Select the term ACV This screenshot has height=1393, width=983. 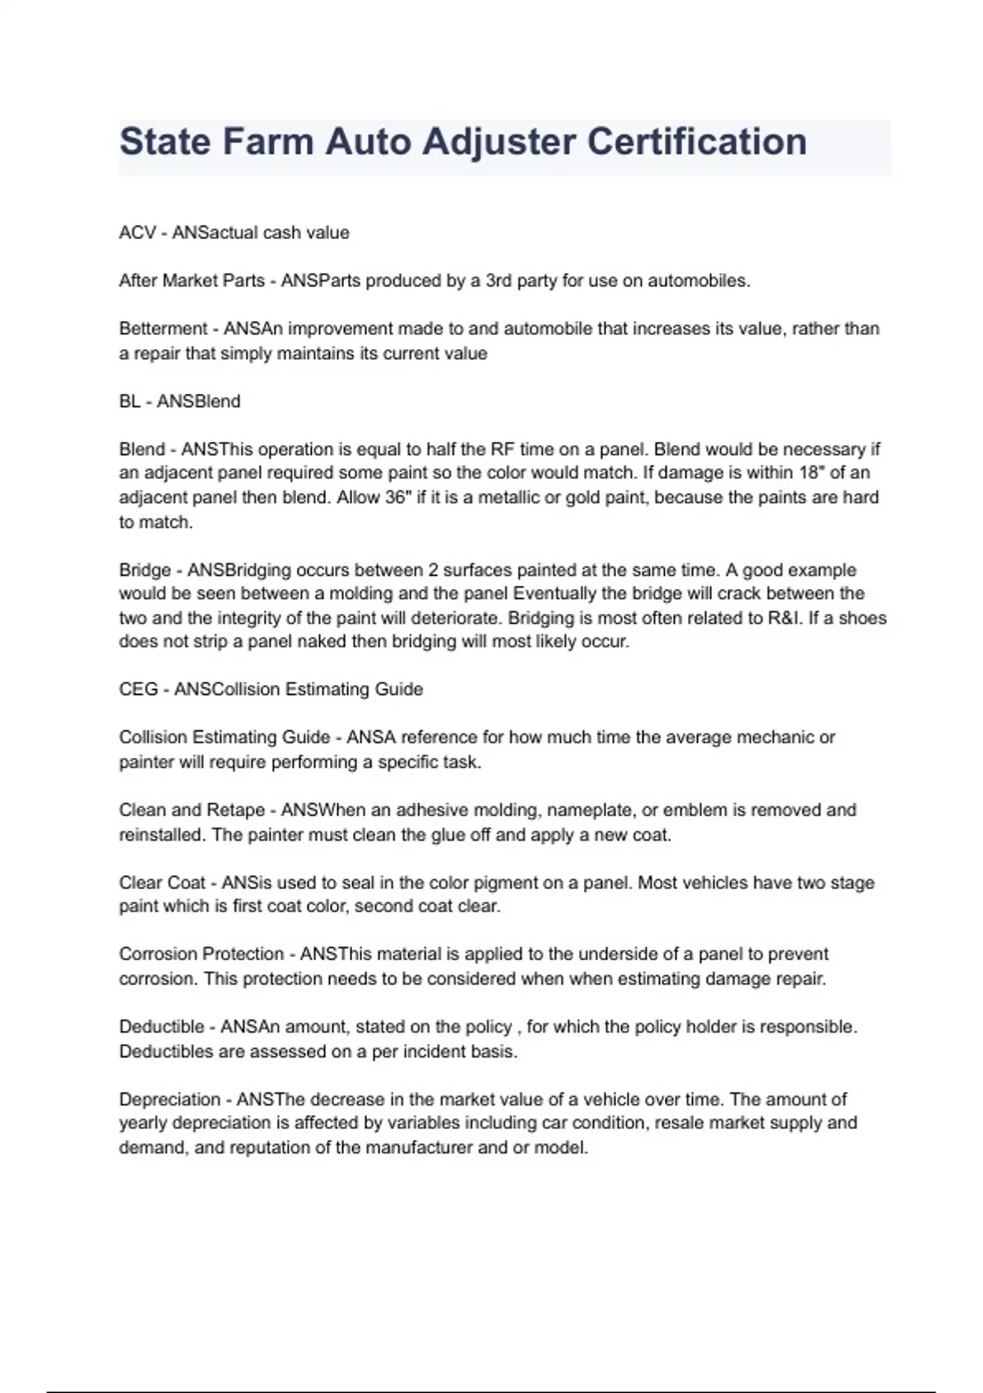point(137,233)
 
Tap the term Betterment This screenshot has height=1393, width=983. point(163,329)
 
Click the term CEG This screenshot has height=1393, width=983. point(138,689)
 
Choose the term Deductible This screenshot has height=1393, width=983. point(161,1027)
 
